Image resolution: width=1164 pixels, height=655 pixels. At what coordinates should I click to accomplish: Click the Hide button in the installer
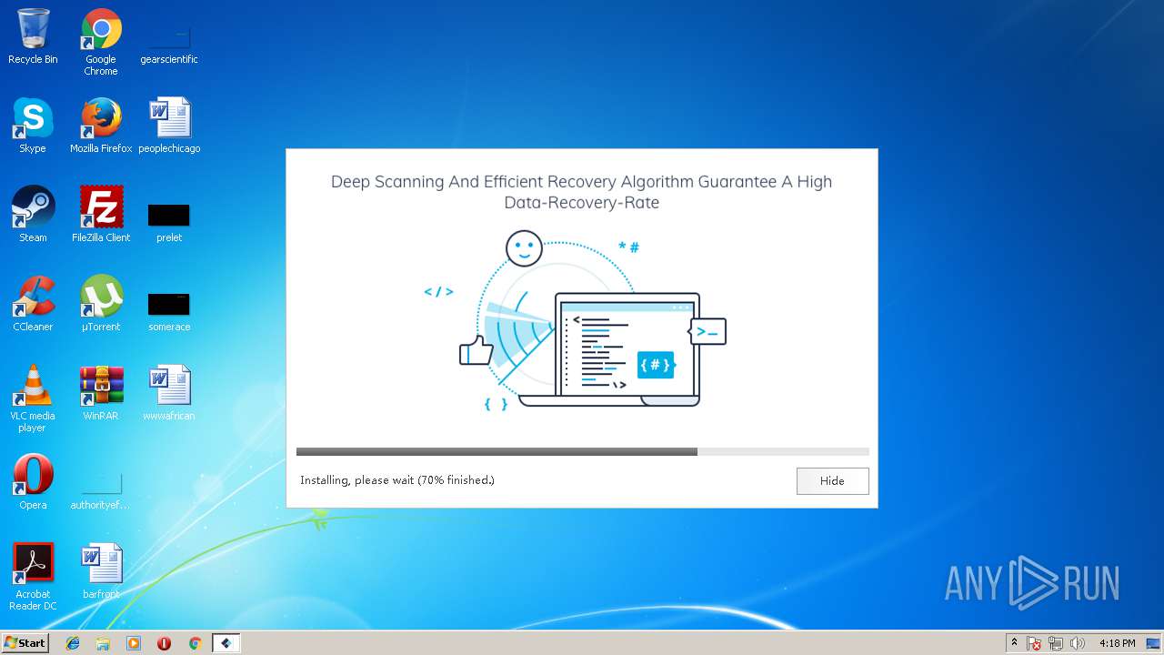pos(832,481)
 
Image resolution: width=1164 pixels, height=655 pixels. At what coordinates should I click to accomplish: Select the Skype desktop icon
pos(33,119)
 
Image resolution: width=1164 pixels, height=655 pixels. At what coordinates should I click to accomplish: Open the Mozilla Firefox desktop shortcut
pos(101,119)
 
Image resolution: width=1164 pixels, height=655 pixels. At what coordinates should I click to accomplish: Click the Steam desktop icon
pos(33,208)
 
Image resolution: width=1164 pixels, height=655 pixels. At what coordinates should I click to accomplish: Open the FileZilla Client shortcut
pos(101,208)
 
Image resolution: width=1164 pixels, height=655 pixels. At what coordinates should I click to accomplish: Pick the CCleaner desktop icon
pos(33,297)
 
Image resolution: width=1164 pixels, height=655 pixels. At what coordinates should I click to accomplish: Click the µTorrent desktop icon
pos(101,297)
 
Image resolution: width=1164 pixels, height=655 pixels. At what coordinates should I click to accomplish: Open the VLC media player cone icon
pos(33,387)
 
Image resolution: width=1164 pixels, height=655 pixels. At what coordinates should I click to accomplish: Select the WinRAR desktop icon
pos(101,387)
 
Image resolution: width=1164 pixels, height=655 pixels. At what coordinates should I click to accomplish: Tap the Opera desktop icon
pos(33,476)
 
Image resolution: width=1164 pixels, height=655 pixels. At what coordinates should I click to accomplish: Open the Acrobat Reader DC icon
pos(33,565)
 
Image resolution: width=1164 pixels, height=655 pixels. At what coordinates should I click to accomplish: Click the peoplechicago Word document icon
pos(169,119)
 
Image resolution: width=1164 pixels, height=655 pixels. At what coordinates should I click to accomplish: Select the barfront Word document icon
pos(101,565)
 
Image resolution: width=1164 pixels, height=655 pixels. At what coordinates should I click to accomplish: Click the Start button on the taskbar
pos(25,643)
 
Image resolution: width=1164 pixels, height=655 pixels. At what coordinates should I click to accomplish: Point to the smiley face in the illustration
pos(524,248)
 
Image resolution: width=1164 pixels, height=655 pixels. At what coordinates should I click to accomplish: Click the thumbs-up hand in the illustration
pos(475,350)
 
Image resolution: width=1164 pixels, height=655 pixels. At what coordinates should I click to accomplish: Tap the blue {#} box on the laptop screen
pos(655,365)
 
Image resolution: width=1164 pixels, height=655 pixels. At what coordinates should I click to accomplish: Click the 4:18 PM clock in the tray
pos(1117,643)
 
